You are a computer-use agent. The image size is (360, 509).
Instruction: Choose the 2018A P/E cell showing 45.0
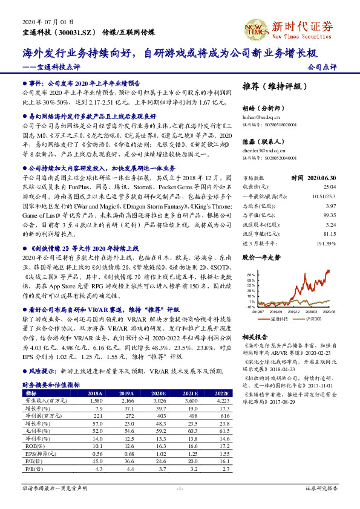95,461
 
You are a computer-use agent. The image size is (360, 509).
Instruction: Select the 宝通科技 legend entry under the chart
279,317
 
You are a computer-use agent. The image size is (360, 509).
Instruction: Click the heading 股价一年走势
261,258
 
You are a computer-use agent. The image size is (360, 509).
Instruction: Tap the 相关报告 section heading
254,336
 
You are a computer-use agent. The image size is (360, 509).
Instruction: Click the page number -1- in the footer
180,488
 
